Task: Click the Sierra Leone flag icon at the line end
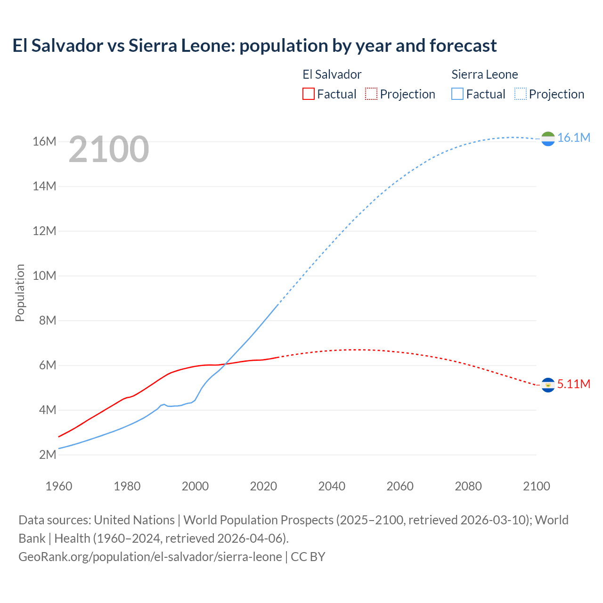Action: (x=548, y=139)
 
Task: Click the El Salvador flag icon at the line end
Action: (x=548, y=385)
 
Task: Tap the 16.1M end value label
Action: (x=573, y=138)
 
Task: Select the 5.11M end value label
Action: (x=573, y=384)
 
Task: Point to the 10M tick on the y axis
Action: (x=44, y=276)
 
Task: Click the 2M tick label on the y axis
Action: (x=47, y=455)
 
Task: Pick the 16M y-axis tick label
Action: (x=44, y=141)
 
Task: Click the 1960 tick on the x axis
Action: (x=59, y=486)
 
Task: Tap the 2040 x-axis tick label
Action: (x=332, y=486)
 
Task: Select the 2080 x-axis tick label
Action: (x=468, y=486)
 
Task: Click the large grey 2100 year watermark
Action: (x=109, y=149)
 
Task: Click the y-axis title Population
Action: (x=20, y=293)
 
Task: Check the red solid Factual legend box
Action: (x=308, y=94)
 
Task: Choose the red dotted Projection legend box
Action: (x=371, y=94)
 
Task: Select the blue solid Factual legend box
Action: (x=457, y=94)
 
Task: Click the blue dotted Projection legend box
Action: (x=521, y=94)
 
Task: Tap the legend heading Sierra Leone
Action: (x=485, y=74)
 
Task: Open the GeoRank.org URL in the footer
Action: (x=150, y=557)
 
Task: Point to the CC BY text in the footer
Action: (x=308, y=557)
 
